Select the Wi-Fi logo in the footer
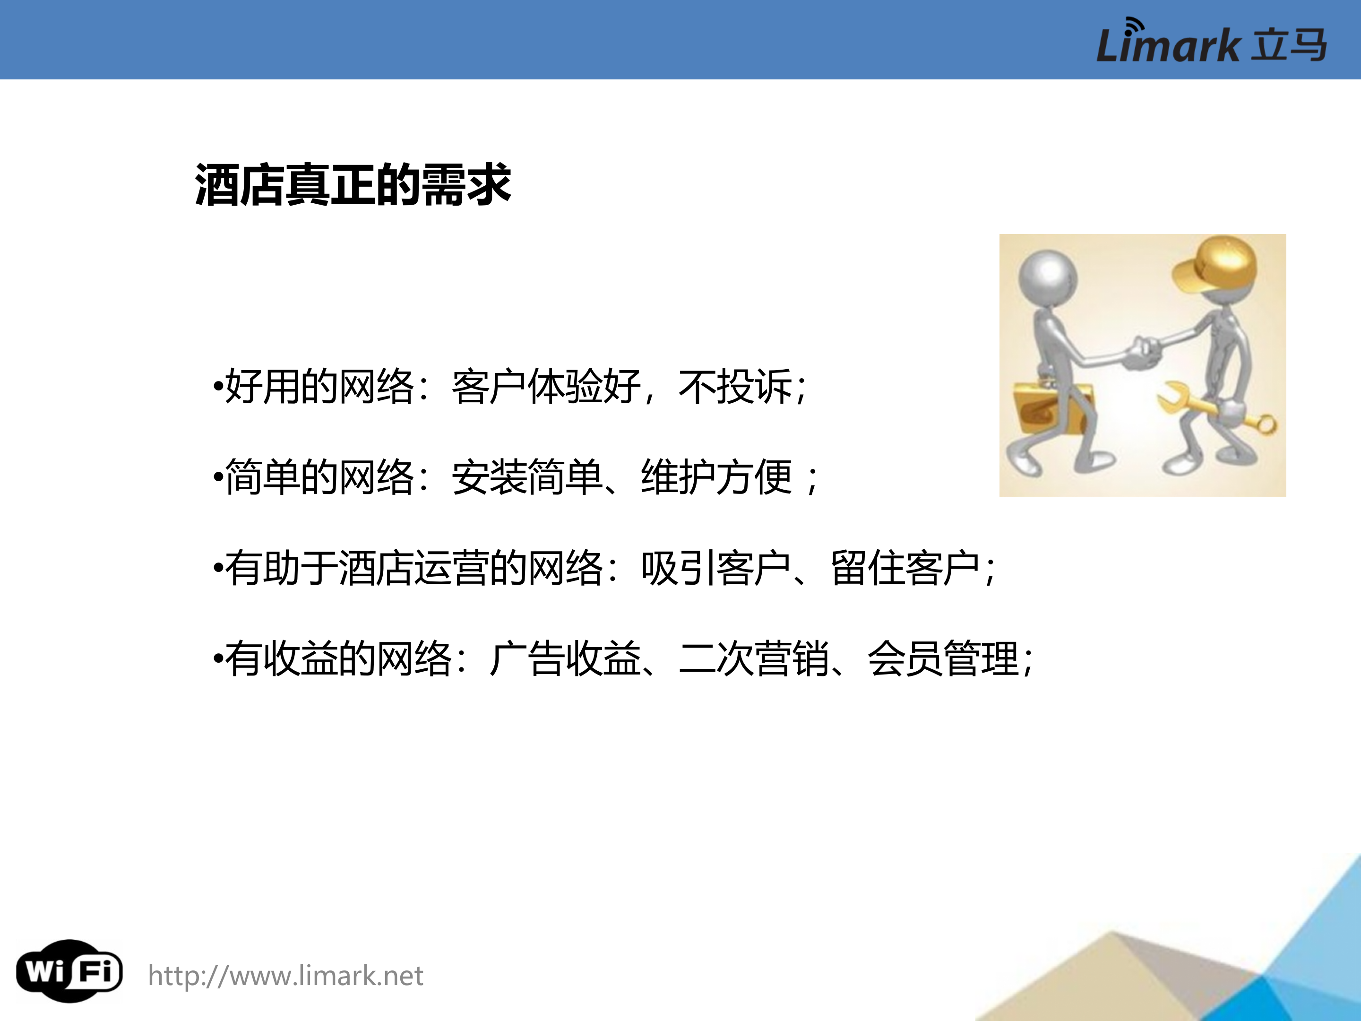pos(69,971)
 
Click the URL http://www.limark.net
pos(285,976)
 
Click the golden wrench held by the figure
pos(1215,409)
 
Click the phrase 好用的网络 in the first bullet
pos(319,387)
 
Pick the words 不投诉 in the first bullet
pos(735,387)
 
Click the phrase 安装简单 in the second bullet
pos(527,477)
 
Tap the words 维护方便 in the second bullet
pos(716,477)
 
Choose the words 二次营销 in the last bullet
pos(754,658)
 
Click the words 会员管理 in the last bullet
pos(943,658)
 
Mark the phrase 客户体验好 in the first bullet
pos(546,387)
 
